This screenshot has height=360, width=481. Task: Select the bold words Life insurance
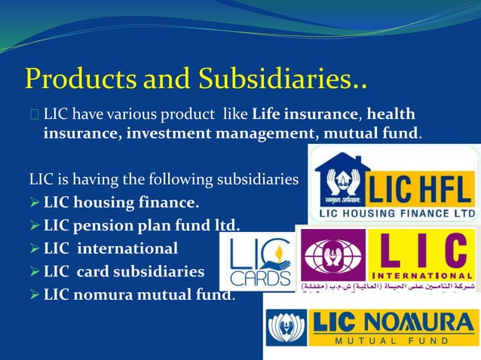pyautogui.click(x=304, y=115)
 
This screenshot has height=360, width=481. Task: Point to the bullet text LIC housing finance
pyautogui.click(x=121, y=203)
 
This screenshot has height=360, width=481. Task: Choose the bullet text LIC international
pyautogui.click(x=111, y=248)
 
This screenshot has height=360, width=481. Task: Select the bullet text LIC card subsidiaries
pyautogui.click(x=124, y=271)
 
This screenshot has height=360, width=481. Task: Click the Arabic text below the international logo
pyautogui.click(x=388, y=288)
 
